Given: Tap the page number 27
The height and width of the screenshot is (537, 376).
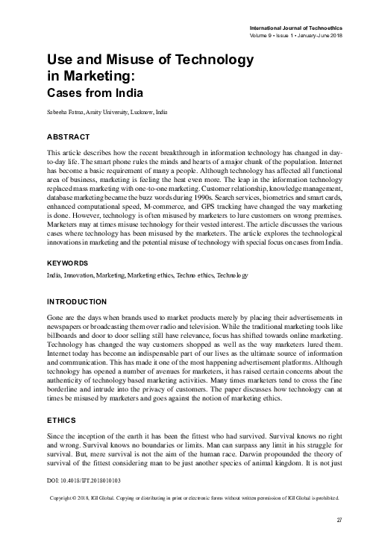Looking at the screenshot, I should tap(339, 520).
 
